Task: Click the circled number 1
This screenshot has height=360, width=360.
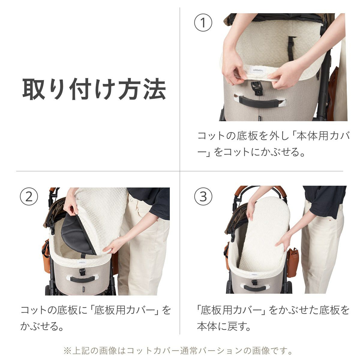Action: (203, 23)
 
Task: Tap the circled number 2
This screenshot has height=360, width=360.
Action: (29, 197)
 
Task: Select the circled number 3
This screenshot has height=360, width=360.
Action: (203, 197)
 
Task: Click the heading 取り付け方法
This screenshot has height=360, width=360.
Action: (94, 89)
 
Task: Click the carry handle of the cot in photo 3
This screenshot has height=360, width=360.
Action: (254, 288)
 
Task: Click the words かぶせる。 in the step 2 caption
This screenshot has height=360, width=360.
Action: (42, 326)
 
